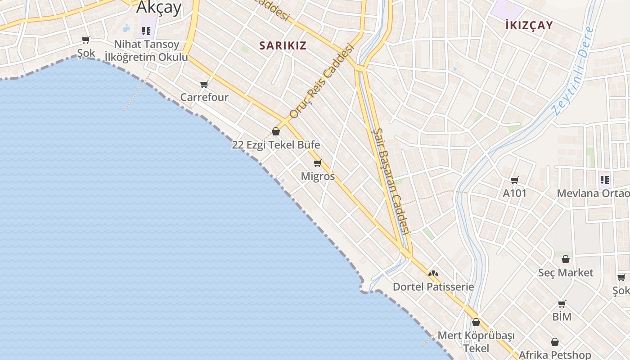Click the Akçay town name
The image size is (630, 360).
tap(159, 8)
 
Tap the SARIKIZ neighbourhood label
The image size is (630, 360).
tap(283, 45)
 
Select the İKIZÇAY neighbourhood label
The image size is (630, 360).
tap(529, 25)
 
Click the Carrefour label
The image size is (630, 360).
tap(204, 97)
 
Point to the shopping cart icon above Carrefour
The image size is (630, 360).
tap(204, 84)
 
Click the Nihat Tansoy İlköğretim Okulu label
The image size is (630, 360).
tap(146, 51)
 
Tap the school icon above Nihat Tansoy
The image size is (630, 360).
tap(146, 31)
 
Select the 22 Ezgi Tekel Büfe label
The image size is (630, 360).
tap(276, 145)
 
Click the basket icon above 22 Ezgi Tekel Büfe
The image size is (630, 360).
tap(276, 131)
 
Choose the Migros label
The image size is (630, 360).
tap(318, 176)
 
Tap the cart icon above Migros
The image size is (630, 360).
tap(318, 163)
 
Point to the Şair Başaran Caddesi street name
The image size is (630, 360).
tap(391, 180)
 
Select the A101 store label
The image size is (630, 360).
tap(514, 193)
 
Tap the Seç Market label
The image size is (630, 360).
tap(566, 273)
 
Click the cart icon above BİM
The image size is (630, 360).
tap(562, 304)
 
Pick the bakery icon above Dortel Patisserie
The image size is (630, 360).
tap(433, 273)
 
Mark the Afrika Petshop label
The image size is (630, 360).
tap(555, 355)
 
